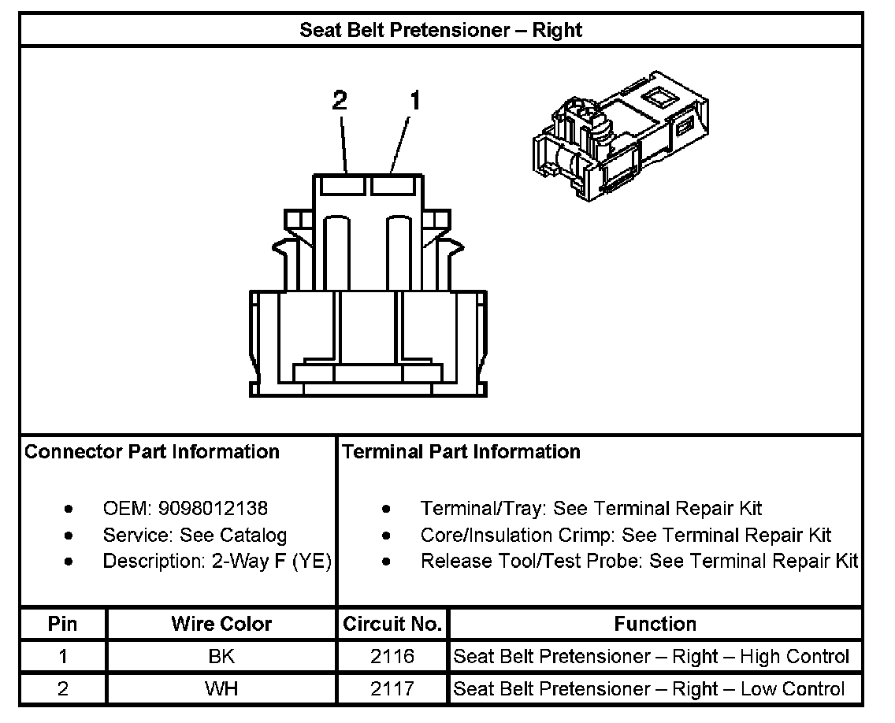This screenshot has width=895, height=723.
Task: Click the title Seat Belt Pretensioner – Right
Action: coord(440,31)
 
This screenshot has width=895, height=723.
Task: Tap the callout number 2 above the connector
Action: coord(340,101)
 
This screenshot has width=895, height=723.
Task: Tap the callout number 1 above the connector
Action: coord(414,101)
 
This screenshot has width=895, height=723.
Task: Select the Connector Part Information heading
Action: coord(152,452)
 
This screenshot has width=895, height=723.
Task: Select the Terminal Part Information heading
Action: coord(461,452)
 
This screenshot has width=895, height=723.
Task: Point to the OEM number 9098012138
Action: coord(213,509)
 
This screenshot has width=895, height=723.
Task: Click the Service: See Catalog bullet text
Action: coord(195,536)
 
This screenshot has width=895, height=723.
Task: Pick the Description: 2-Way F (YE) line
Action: coord(217,562)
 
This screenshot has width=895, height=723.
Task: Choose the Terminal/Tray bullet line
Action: coord(591,509)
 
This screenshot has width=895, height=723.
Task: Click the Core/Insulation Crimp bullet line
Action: coord(626,536)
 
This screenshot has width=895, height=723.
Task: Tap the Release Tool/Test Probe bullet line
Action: coord(639,562)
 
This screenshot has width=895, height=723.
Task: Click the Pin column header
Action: coord(63,625)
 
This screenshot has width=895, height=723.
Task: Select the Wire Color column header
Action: coord(221,625)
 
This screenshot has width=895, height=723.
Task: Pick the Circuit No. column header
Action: coord(392,625)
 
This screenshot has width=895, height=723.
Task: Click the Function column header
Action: coord(655,625)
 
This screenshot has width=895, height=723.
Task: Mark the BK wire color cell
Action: coord(221,657)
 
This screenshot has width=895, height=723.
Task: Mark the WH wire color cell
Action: coord(221,689)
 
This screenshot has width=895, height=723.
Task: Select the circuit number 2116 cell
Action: coord(392,657)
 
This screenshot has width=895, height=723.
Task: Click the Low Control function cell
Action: coord(650,689)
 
